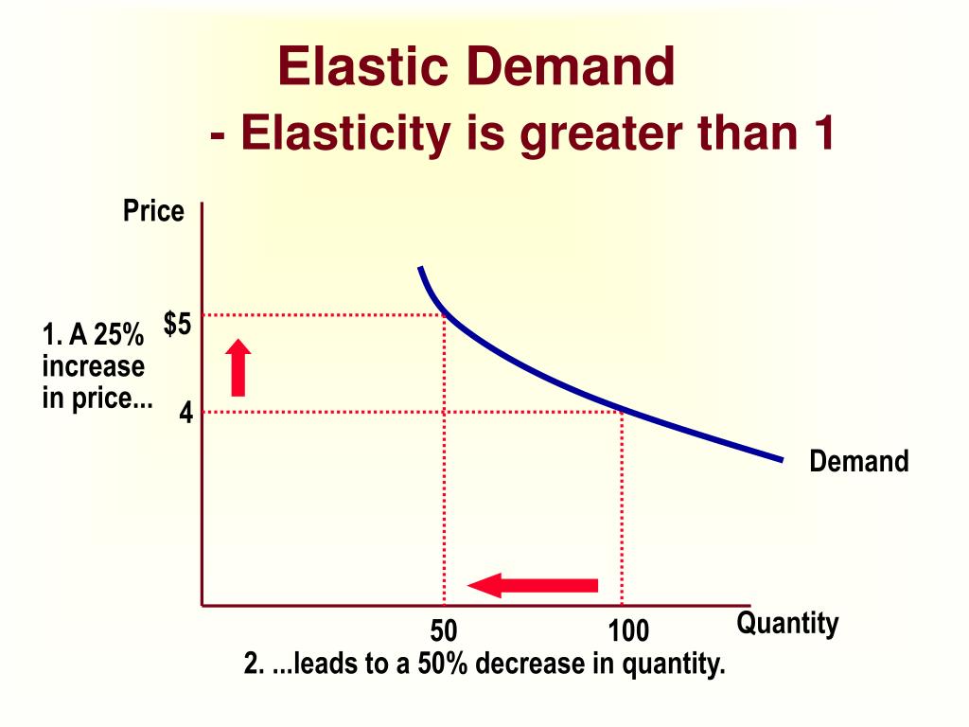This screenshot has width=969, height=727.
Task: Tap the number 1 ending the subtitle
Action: [822, 133]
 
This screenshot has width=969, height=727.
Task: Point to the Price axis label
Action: [153, 211]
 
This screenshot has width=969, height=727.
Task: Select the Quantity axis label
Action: [787, 623]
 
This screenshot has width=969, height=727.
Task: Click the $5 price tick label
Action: [177, 325]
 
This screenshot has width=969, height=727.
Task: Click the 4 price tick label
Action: [186, 414]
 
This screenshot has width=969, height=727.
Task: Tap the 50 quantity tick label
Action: [444, 631]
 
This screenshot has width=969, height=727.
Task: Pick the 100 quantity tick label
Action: [628, 631]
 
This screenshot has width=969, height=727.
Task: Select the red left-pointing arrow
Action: [533, 585]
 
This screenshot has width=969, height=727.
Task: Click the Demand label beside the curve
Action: [858, 462]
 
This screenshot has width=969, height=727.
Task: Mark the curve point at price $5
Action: [445, 315]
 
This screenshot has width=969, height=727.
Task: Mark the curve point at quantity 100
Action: [622, 411]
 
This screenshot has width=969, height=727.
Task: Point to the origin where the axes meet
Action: [203, 604]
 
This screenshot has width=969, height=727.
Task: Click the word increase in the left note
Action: [93, 366]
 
